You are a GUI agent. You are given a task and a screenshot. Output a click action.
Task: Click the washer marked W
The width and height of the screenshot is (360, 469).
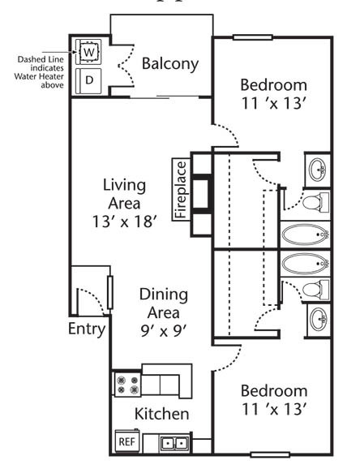tap(88, 52)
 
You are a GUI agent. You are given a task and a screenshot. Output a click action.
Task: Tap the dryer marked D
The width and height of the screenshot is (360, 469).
tap(88, 81)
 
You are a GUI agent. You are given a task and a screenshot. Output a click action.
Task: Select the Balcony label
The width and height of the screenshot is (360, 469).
tap(170, 64)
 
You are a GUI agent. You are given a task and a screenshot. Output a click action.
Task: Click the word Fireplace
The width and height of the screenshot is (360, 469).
tap(182, 190)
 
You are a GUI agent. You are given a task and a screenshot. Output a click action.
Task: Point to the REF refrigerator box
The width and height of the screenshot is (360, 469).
tap(127, 441)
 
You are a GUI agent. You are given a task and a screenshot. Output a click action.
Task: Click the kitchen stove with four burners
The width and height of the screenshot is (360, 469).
tap(127, 385)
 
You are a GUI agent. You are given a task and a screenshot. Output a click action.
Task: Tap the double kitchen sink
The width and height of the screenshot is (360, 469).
tap(174, 443)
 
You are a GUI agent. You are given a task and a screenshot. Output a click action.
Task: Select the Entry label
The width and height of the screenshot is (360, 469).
tap(87, 329)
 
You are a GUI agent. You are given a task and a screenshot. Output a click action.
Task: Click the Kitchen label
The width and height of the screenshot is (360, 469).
tap(162, 414)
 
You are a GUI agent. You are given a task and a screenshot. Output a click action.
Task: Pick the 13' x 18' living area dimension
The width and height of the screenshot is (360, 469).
tap(124, 222)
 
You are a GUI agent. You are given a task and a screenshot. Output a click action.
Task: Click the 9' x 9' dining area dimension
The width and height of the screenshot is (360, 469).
tap(164, 331)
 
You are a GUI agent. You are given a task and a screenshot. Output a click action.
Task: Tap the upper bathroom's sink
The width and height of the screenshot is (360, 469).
tap(317, 170)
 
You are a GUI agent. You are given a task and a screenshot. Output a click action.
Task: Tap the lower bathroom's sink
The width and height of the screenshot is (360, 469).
tap(318, 319)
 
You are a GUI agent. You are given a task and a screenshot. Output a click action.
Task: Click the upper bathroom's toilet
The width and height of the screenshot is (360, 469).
tap(315, 202)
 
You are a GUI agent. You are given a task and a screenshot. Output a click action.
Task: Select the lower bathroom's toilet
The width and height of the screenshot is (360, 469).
tap(315, 290)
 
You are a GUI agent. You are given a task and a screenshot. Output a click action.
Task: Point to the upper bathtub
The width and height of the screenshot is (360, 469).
tap(306, 234)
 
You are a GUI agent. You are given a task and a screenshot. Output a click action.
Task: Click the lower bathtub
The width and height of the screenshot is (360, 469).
tap(306, 264)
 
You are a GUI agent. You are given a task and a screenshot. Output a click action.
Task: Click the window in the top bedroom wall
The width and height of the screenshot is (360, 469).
tap(253, 37)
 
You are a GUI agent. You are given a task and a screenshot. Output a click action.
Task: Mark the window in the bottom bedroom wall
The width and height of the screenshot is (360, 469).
tap(270, 455)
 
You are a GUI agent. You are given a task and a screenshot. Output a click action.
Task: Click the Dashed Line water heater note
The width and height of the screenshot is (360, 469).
tap(40, 72)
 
